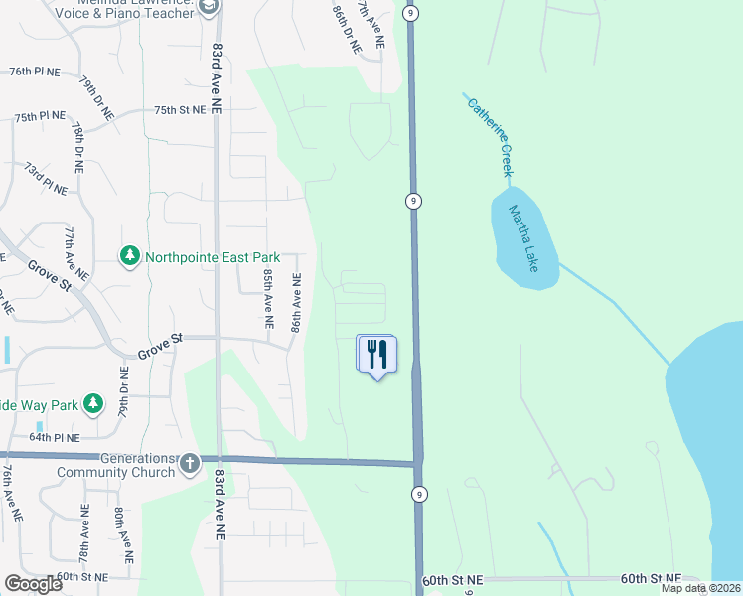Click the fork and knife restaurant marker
pyautogui.click(x=376, y=355)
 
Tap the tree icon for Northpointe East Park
pyautogui.click(x=129, y=256)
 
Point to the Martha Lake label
pyautogui.click(x=523, y=238)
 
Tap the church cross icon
pyautogui.click(x=190, y=463)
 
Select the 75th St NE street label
pyautogui.click(x=180, y=109)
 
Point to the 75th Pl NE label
pyautogui.click(x=41, y=116)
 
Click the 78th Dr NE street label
pyautogui.click(x=77, y=143)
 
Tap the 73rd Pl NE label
pyautogui.click(x=46, y=179)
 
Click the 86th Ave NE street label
pyautogui.click(x=295, y=303)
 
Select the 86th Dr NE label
pyautogui.click(x=345, y=27)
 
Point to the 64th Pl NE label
pyautogui.click(x=54, y=436)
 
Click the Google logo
pyautogui.click(x=33, y=584)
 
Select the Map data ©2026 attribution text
pyautogui.click(x=700, y=588)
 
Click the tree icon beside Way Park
pyautogui.click(x=92, y=403)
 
